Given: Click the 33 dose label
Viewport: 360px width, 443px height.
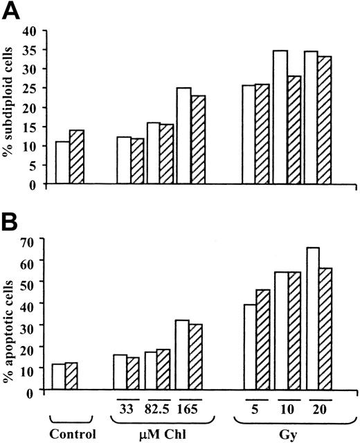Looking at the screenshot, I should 127,408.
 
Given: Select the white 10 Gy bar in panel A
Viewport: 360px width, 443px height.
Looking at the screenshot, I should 280,118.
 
